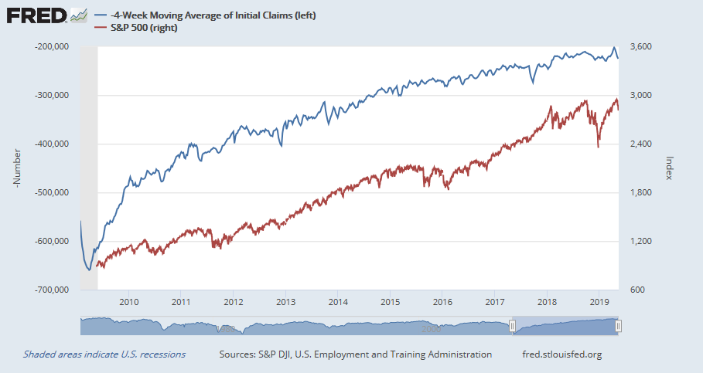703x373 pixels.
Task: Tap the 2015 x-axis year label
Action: [390, 302]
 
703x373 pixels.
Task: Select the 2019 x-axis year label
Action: [599, 302]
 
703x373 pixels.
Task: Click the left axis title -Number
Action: [17, 168]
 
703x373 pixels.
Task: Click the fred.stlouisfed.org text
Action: [562, 354]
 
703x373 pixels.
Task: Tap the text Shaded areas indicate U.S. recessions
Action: [104, 354]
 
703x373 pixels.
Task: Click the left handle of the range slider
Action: [511, 327]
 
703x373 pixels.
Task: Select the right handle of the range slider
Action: [619, 327]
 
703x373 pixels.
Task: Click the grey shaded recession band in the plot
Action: [89, 154]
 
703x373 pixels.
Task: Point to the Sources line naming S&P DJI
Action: [355, 354]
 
